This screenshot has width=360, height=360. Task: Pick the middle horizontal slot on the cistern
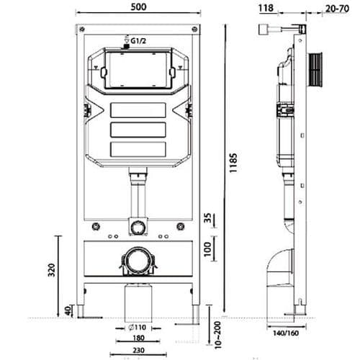click(x=135, y=132)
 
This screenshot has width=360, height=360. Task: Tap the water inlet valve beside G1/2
click(x=126, y=46)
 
